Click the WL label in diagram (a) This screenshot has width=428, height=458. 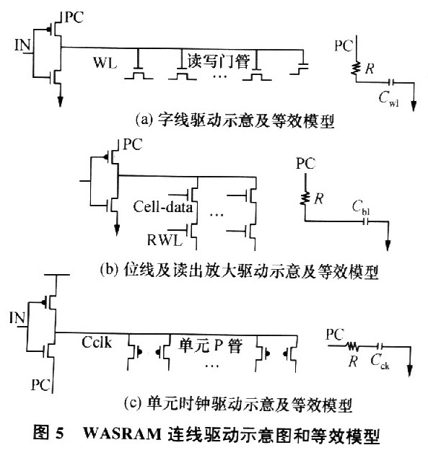point(105,63)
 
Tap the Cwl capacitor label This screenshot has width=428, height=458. point(388,98)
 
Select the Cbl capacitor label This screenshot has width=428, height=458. point(361,208)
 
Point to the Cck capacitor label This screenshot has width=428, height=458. point(380,361)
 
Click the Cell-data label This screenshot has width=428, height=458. point(163,207)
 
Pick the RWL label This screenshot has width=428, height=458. point(165,240)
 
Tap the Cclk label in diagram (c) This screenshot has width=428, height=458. point(97,342)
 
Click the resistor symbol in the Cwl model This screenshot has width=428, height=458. point(356,69)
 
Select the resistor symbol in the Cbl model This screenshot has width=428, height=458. point(305,198)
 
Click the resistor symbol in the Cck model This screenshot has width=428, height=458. point(353,346)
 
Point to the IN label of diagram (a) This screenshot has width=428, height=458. point(22,45)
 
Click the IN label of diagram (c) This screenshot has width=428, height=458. point(17,318)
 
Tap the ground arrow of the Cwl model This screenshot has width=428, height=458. point(414,106)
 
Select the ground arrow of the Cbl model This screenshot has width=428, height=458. point(388,245)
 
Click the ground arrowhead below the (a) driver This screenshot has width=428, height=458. point(60,102)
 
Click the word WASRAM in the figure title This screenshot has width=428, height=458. point(123,433)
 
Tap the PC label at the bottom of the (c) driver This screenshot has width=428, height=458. point(40,384)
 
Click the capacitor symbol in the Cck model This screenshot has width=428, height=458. point(380,346)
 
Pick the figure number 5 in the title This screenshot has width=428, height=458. point(59,433)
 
